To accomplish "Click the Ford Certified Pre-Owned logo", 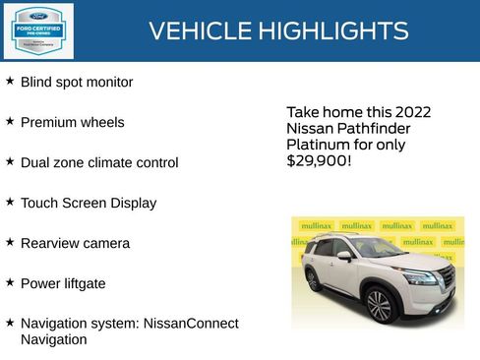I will [x=37, y=30].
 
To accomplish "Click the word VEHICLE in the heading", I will [x=197, y=31].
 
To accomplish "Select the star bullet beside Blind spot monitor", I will [x=10, y=81].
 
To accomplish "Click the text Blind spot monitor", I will [x=77, y=83].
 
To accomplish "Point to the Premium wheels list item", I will [x=72, y=123].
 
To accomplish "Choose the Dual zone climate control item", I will [x=99, y=163].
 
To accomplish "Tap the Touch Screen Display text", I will [x=89, y=204].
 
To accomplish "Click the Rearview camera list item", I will [x=75, y=243].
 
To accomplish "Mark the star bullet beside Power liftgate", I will [x=10, y=282].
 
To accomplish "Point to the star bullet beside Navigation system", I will [x=10, y=322].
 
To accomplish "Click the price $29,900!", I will [x=318, y=160].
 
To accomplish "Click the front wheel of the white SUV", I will [x=380, y=305].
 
